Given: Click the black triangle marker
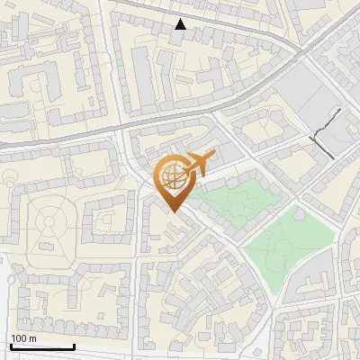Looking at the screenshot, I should click(x=181, y=24).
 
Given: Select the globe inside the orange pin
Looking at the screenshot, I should click(x=174, y=178).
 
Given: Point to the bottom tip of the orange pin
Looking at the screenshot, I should click(x=174, y=211).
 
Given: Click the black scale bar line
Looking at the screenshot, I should click(x=42, y=346).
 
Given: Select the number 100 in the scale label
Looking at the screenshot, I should click(x=20, y=338).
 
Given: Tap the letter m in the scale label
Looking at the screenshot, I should click(x=33, y=338).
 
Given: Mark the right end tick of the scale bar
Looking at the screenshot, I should click(x=74, y=345).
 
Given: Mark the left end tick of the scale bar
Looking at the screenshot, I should click(x=11, y=345).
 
